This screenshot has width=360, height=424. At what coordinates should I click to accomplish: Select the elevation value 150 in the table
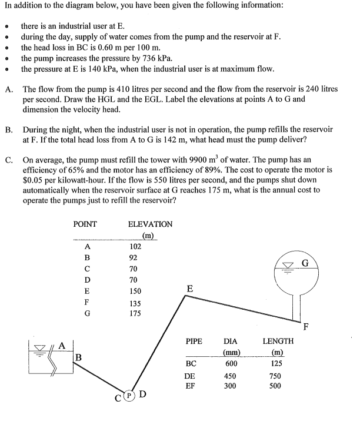click(136, 291)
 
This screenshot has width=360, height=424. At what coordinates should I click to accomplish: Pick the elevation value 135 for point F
click(136, 303)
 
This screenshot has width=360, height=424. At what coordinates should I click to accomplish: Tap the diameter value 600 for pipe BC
click(231, 363)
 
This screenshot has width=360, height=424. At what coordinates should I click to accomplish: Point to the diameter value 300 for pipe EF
click(231, 386)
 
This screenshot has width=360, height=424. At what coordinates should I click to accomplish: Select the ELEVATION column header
click(150, 224)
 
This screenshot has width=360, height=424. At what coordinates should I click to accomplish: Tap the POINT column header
click(85, 224)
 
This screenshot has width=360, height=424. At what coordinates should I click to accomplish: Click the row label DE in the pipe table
click(190, 375)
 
